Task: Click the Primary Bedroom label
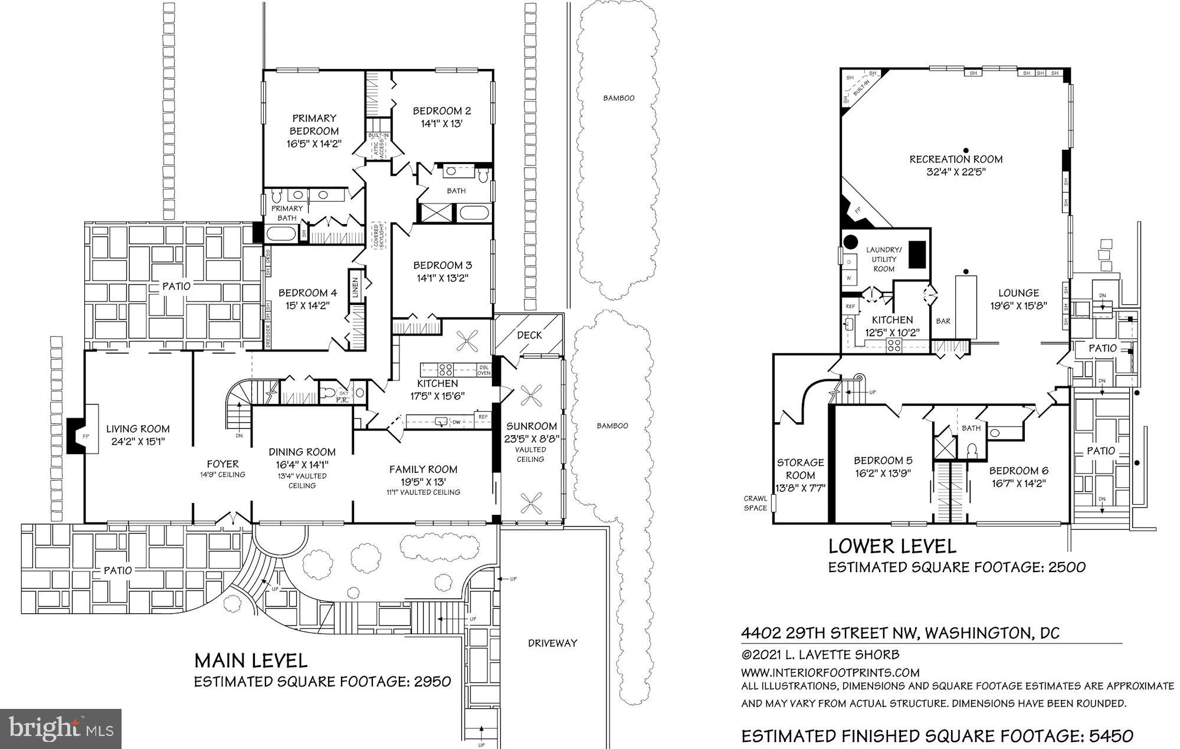tap(314, 124)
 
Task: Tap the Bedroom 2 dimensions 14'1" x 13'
tap(441, 124)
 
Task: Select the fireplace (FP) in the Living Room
tap(85, 436)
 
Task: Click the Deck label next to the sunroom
tap(529, 335)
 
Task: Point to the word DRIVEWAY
tap(552, 643)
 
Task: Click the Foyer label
tap(222, 464)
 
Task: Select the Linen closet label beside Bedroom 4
tap(356, 288)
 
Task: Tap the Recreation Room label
tap(956, 159)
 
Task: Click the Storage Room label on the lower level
tap(800, 469)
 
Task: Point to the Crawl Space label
tap(755, 503)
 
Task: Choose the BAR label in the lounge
tap(943, 321)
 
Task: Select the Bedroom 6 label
tap(1018, 471)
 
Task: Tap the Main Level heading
tap(251, 659)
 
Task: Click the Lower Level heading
tap(892, 546)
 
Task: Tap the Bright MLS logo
tap(61, 728)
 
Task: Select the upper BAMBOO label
tap(618, 98)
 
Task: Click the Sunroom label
tap(531, 426)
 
